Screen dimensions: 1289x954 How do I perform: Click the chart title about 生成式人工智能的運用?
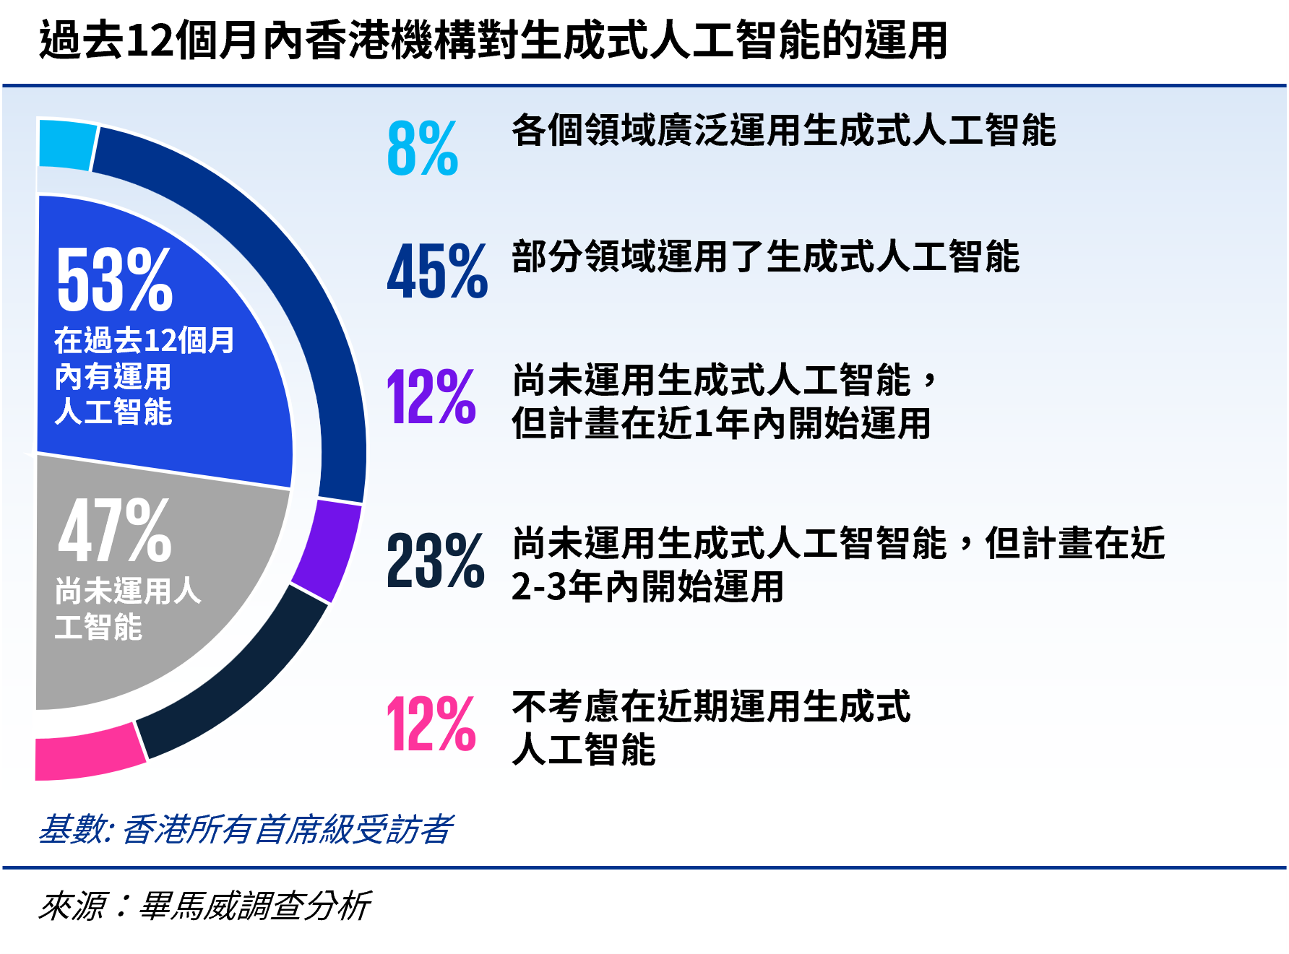(x=493, y=40)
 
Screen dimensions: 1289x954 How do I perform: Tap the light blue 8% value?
(x=423, y=149)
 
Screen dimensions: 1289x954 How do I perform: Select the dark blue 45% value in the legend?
(x=437, y=272)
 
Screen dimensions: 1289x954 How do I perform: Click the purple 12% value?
(x=431, y=396)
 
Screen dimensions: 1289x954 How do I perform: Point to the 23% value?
(x=436, y=560)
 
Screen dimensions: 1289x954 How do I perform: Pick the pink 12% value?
(x=431, y=724)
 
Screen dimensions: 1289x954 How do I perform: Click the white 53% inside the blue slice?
(x=115, y=279)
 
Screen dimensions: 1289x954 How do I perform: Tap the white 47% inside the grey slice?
(x=115, y=531)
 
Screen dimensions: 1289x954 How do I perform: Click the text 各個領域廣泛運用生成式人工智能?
(x=784, y=131)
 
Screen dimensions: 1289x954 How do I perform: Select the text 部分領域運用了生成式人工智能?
(x=766, y=256)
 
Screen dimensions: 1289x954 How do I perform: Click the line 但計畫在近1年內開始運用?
(x=721, y=423)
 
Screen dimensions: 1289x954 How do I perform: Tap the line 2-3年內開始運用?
(x=647, y=586)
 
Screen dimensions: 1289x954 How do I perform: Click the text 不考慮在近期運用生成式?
(x=712, y=706)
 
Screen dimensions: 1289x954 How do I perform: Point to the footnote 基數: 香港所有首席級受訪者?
(x=246, y=829)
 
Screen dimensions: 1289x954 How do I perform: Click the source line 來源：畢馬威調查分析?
(x=204, y=906)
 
